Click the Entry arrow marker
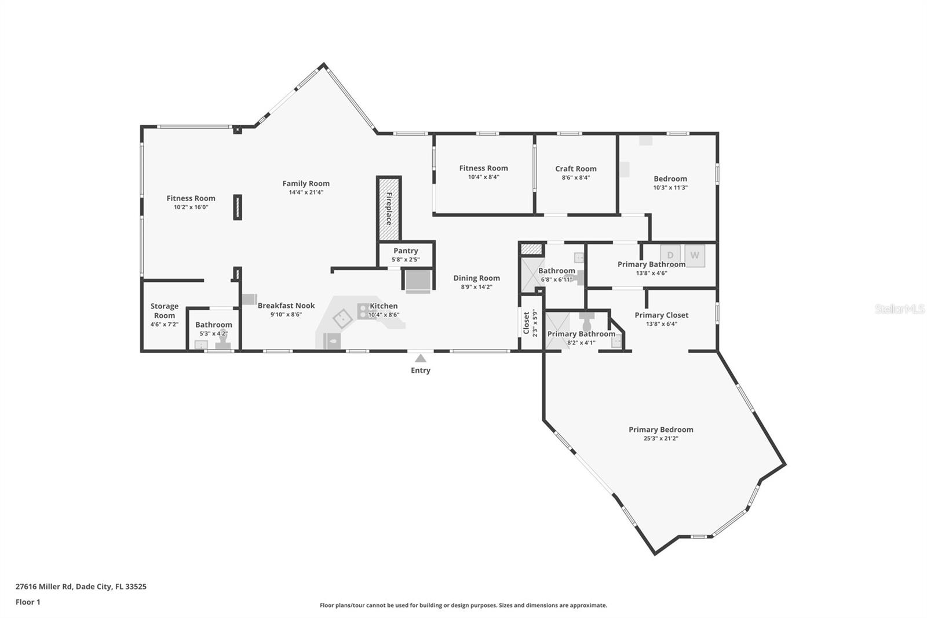pos(421,358)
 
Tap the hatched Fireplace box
pos(389,209)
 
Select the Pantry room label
pos(406,251)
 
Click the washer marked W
pos(695,255)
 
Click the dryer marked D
pos(670,255)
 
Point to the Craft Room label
pos(575,169)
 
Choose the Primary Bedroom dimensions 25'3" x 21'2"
pos(661,438)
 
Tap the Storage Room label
pos(165,311)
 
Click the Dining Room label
pos(476,278)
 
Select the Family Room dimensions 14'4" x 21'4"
pos(306,192)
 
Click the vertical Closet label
pos(526,323)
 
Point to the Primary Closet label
pos(661,315)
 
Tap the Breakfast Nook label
pos(286,306)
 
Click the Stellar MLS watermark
pos(899,309)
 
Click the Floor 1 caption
pos(28,602)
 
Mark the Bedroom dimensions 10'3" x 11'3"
pos(670,188)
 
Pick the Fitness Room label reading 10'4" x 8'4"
pos(483,177)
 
